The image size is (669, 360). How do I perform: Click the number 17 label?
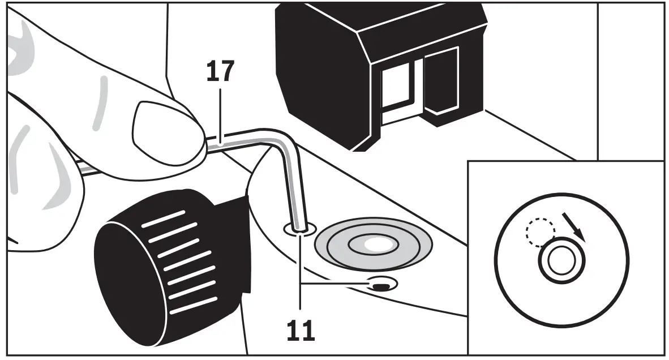click(220, 72)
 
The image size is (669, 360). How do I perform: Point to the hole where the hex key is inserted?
click(299, 229)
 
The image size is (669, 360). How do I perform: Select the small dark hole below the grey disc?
click(381, 284)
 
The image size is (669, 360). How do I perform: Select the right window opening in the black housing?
click(441, 79)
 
